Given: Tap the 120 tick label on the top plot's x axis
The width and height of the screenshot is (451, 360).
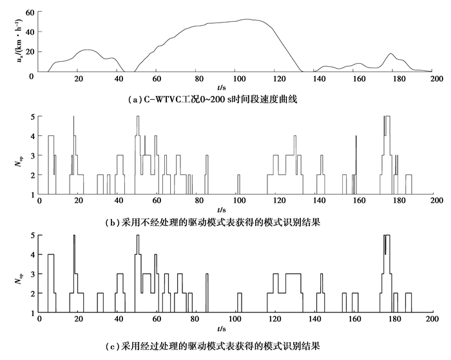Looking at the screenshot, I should tap(278, 79).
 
